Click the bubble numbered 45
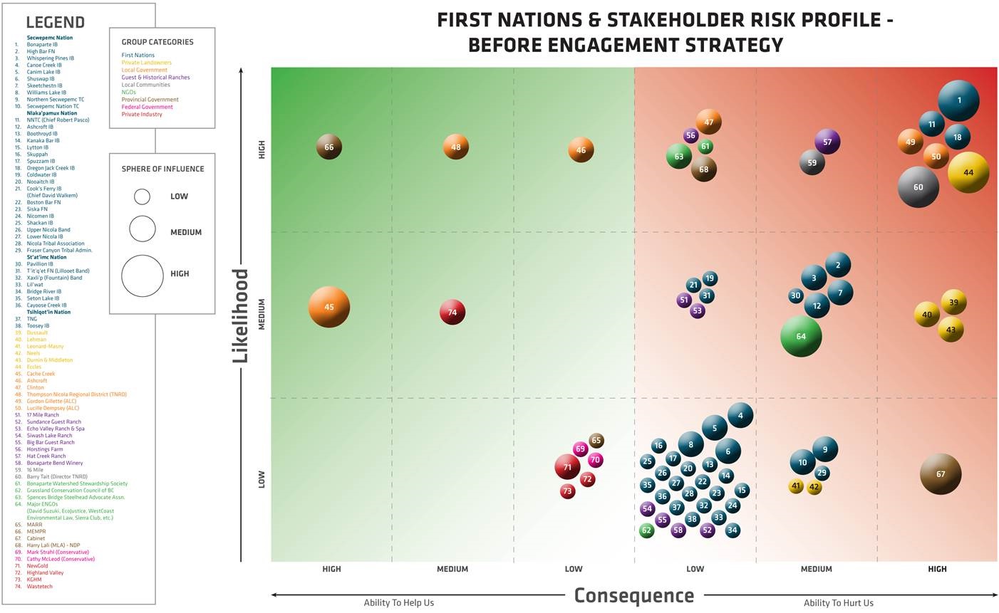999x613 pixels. (329, 308)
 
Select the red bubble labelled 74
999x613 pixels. (452, 312)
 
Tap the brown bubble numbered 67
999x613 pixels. (941, 473)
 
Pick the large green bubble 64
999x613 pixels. (801, 336)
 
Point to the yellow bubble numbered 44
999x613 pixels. (968, 172)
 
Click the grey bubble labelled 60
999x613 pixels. (918, 187)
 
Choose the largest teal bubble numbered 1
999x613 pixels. (958, 100)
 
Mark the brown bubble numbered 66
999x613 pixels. (329, 147)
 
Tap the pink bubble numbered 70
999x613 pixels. (595, 460)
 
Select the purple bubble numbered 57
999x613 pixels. (827, 142)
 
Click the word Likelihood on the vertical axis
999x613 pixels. (241, 315)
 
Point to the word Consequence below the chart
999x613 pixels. (633, 595)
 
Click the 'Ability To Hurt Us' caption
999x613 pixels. (838, 603)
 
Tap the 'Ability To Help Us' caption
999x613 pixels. (398, 603)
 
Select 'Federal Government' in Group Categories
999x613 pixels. (147, 107)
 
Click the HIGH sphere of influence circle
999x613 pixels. (143, 276)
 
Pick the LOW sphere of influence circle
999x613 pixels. (143, 197)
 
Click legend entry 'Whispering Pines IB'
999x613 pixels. (50, 58)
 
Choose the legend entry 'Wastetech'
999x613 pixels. (39, 587)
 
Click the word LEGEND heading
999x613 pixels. (55, 23)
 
